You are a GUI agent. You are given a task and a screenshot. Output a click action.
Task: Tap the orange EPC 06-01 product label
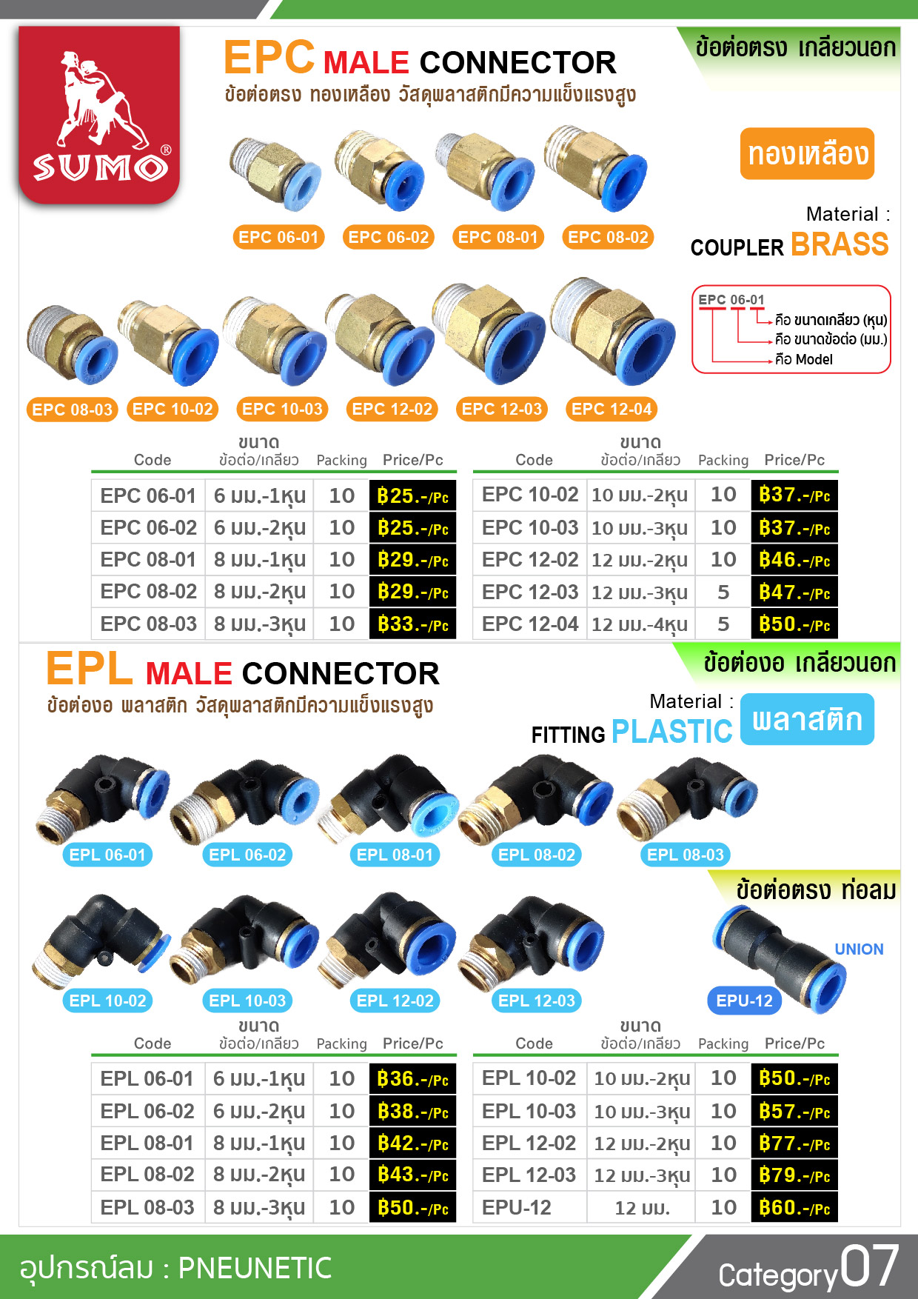[x=278, y=237]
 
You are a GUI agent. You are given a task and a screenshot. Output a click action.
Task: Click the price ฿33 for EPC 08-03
[x=412, y=624]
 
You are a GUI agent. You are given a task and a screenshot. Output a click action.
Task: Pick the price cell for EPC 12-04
[x=794, y=624]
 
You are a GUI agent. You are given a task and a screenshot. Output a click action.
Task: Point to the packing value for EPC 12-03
[x=723, y=592]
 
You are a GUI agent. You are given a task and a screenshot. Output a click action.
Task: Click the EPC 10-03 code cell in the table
[x=530, y=528]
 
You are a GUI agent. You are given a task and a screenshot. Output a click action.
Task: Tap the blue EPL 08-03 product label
[x=685, y=855]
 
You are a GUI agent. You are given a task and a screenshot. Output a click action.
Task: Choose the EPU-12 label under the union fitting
[x=744, y=1001]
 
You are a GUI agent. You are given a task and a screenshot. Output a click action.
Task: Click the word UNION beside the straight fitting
[x=859, y=949]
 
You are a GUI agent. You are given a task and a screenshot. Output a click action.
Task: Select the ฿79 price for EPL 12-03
[x=794, y=1175]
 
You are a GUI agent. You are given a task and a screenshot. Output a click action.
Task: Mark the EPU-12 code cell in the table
[x=517, y=1208]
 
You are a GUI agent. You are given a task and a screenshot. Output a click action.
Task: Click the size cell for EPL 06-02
[x=259, y=1111]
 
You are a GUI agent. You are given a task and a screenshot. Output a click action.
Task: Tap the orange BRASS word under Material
[x=840, y=244]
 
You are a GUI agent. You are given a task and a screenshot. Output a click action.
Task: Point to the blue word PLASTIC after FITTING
[x=671, y=732]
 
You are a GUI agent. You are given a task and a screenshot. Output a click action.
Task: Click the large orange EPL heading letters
[x=90, y=669]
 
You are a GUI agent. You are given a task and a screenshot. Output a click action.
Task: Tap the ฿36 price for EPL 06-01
[x=412, y=1079]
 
